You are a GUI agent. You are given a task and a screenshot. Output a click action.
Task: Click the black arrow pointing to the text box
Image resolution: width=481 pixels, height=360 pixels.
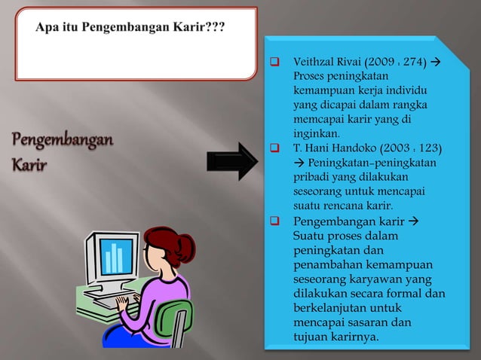click(x=232, y=161)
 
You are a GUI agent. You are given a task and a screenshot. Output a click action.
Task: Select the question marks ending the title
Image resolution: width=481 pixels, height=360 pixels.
click(x=221, y=28)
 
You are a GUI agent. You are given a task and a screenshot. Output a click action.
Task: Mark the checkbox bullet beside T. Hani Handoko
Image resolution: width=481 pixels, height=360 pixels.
click(x=275, y=147)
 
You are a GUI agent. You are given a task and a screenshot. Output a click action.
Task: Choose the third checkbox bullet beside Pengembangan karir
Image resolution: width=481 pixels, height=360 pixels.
click(x=275, y=221)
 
